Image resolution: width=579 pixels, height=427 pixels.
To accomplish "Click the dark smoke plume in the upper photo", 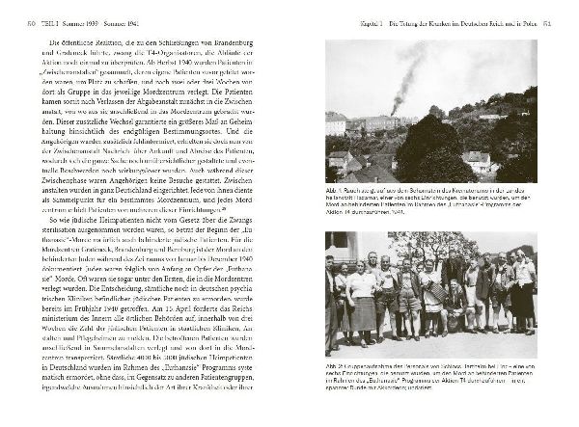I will pos(403,77).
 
